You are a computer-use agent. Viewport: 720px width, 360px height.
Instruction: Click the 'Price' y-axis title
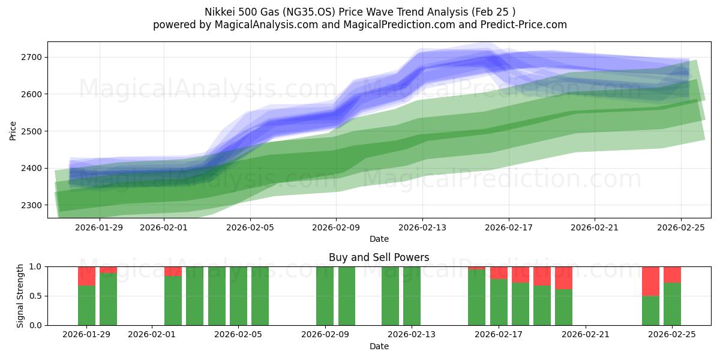coord(13,130)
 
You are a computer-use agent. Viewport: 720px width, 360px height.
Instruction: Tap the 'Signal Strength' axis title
coord(20,296)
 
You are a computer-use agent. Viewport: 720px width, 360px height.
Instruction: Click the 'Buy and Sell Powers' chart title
coord(379,257)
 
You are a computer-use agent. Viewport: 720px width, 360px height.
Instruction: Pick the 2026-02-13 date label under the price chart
coord(422,227)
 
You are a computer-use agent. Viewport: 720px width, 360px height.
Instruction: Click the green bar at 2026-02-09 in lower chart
coord(325,296)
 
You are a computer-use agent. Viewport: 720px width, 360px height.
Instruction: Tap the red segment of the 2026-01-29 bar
coord(87,276)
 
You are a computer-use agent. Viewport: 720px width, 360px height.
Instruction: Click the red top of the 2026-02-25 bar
coord(672,274)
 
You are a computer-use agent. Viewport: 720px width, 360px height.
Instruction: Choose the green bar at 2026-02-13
coord(412,296)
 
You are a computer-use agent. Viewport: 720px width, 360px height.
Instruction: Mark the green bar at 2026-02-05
coord(238,296)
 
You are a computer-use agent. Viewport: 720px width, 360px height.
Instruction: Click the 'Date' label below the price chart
coord(379,239)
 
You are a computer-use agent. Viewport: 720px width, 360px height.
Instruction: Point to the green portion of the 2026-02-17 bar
coord(499,302)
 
